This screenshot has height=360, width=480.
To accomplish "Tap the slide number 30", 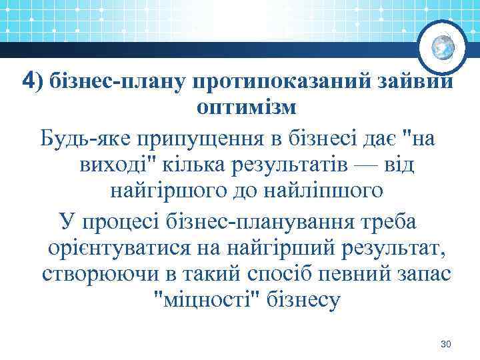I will coord(447,344).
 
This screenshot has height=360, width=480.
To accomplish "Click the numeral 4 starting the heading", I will coord(28,81).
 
